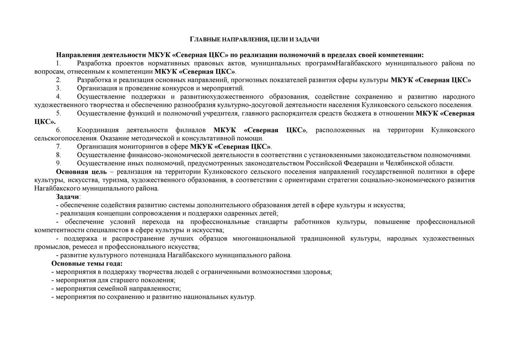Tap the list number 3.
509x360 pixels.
pyautogui.click(x=58, y=88)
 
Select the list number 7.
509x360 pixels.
pyautogui.click(x=58, y=147)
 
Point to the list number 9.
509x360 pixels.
pyautogui.click(x=58, y=163)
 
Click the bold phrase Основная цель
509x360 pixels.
pyautogui.click(x=81, y=172)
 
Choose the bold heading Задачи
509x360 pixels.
pyautogui.click(x=67, y=197)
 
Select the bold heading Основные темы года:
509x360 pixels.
pyautogui.click(x=87, y=264)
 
